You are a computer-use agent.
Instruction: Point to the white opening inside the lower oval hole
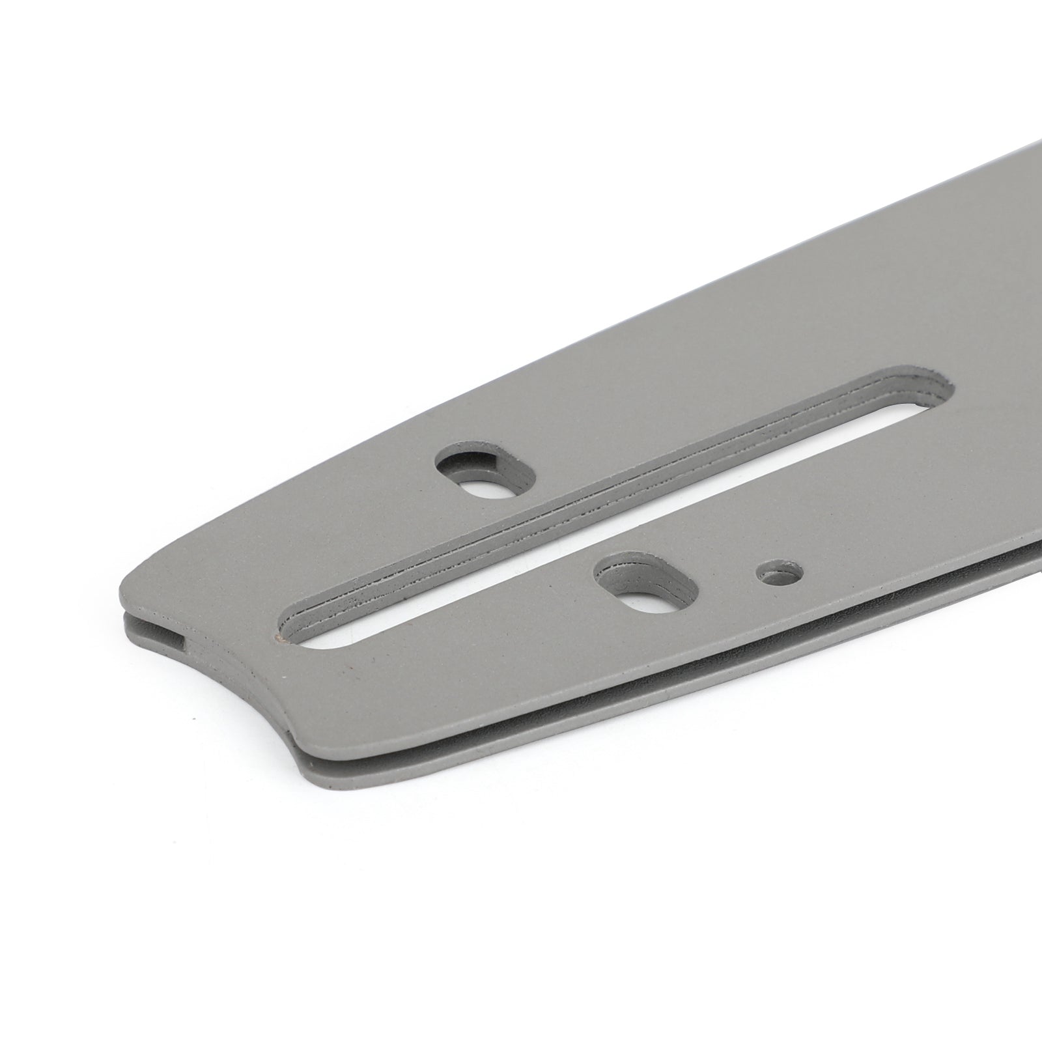(647, 597)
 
